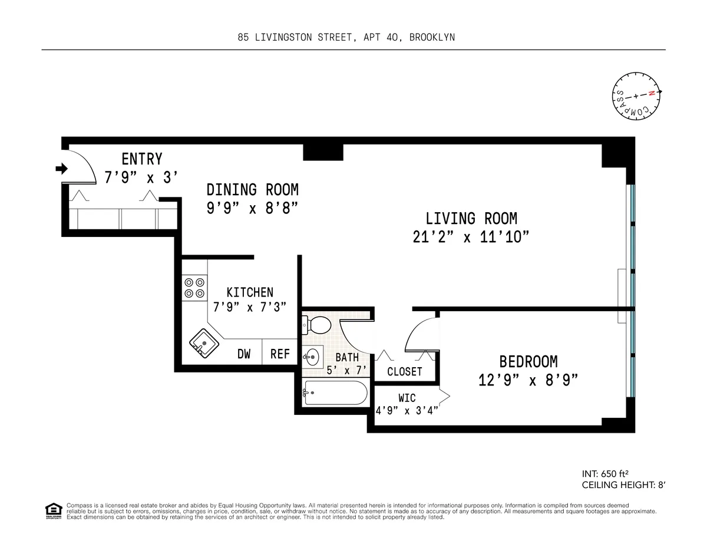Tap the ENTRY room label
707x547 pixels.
[x=141, y=159]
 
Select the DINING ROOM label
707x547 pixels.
[x=252, y=190]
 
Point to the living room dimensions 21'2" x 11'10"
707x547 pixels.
[x=471, y=237]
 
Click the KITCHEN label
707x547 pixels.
[x=250, y=292]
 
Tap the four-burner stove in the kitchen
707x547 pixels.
[x=194, y=287]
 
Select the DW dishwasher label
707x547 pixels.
[x=244, y=354]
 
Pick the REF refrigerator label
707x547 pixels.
[x=280, y=354]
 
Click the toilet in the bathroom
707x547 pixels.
[x=318, y=324]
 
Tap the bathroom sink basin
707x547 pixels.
[x=312, y=356]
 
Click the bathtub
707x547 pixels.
[x=335, y=393]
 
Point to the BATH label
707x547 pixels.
[x=347, y=357]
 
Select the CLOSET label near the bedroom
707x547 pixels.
[x=404, y=372]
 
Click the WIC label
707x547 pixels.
[x=407, y=398]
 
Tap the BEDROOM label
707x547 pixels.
[x=528, y=361]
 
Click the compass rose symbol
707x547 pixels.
[x=636, y=95]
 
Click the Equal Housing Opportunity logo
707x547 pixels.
[x=54, y=510]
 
